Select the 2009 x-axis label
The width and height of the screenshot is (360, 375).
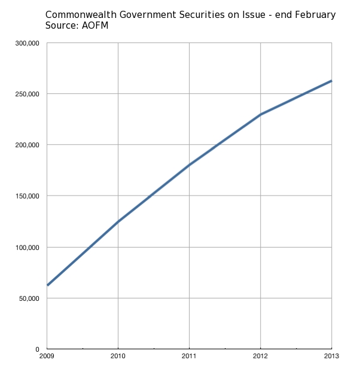pyautogui.click(x=47, y=357)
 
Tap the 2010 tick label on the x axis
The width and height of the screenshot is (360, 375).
pyautogui.click(x=118, y=357)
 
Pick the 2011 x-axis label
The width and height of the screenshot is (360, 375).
pyautogui.click(x=190, y=357)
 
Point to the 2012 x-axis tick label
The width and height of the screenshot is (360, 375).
pyautogui.click(x=261, y=357)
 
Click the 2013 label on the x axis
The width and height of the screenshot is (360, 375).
pyautogui.click(x=331, y=357)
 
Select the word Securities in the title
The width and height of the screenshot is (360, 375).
pyautogui.click(x=204, y=14)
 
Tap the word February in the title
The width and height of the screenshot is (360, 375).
pyautogui.click(x=314, y=14)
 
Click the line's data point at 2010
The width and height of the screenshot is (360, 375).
pyautogui.click(x=118, y=222)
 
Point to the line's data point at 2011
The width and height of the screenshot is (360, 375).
pyautogui.click(x=190, y=165)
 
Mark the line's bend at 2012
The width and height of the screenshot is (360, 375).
pyautogui.click(x=261, y=114)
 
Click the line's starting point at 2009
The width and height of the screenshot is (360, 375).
pyautogui.click(x=47, y=285)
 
